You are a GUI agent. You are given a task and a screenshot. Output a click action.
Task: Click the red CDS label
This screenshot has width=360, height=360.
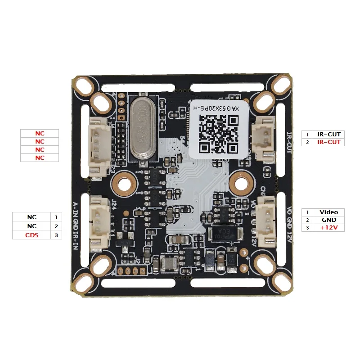[31, 235]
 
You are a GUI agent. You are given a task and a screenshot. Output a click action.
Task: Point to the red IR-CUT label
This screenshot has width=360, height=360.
[329, 142]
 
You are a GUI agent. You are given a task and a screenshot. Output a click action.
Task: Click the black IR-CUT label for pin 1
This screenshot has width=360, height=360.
[329, 134]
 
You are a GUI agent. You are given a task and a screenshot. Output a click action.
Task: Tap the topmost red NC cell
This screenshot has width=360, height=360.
[40, 134]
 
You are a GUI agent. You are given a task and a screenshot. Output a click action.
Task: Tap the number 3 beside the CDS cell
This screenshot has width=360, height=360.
[56, 235]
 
